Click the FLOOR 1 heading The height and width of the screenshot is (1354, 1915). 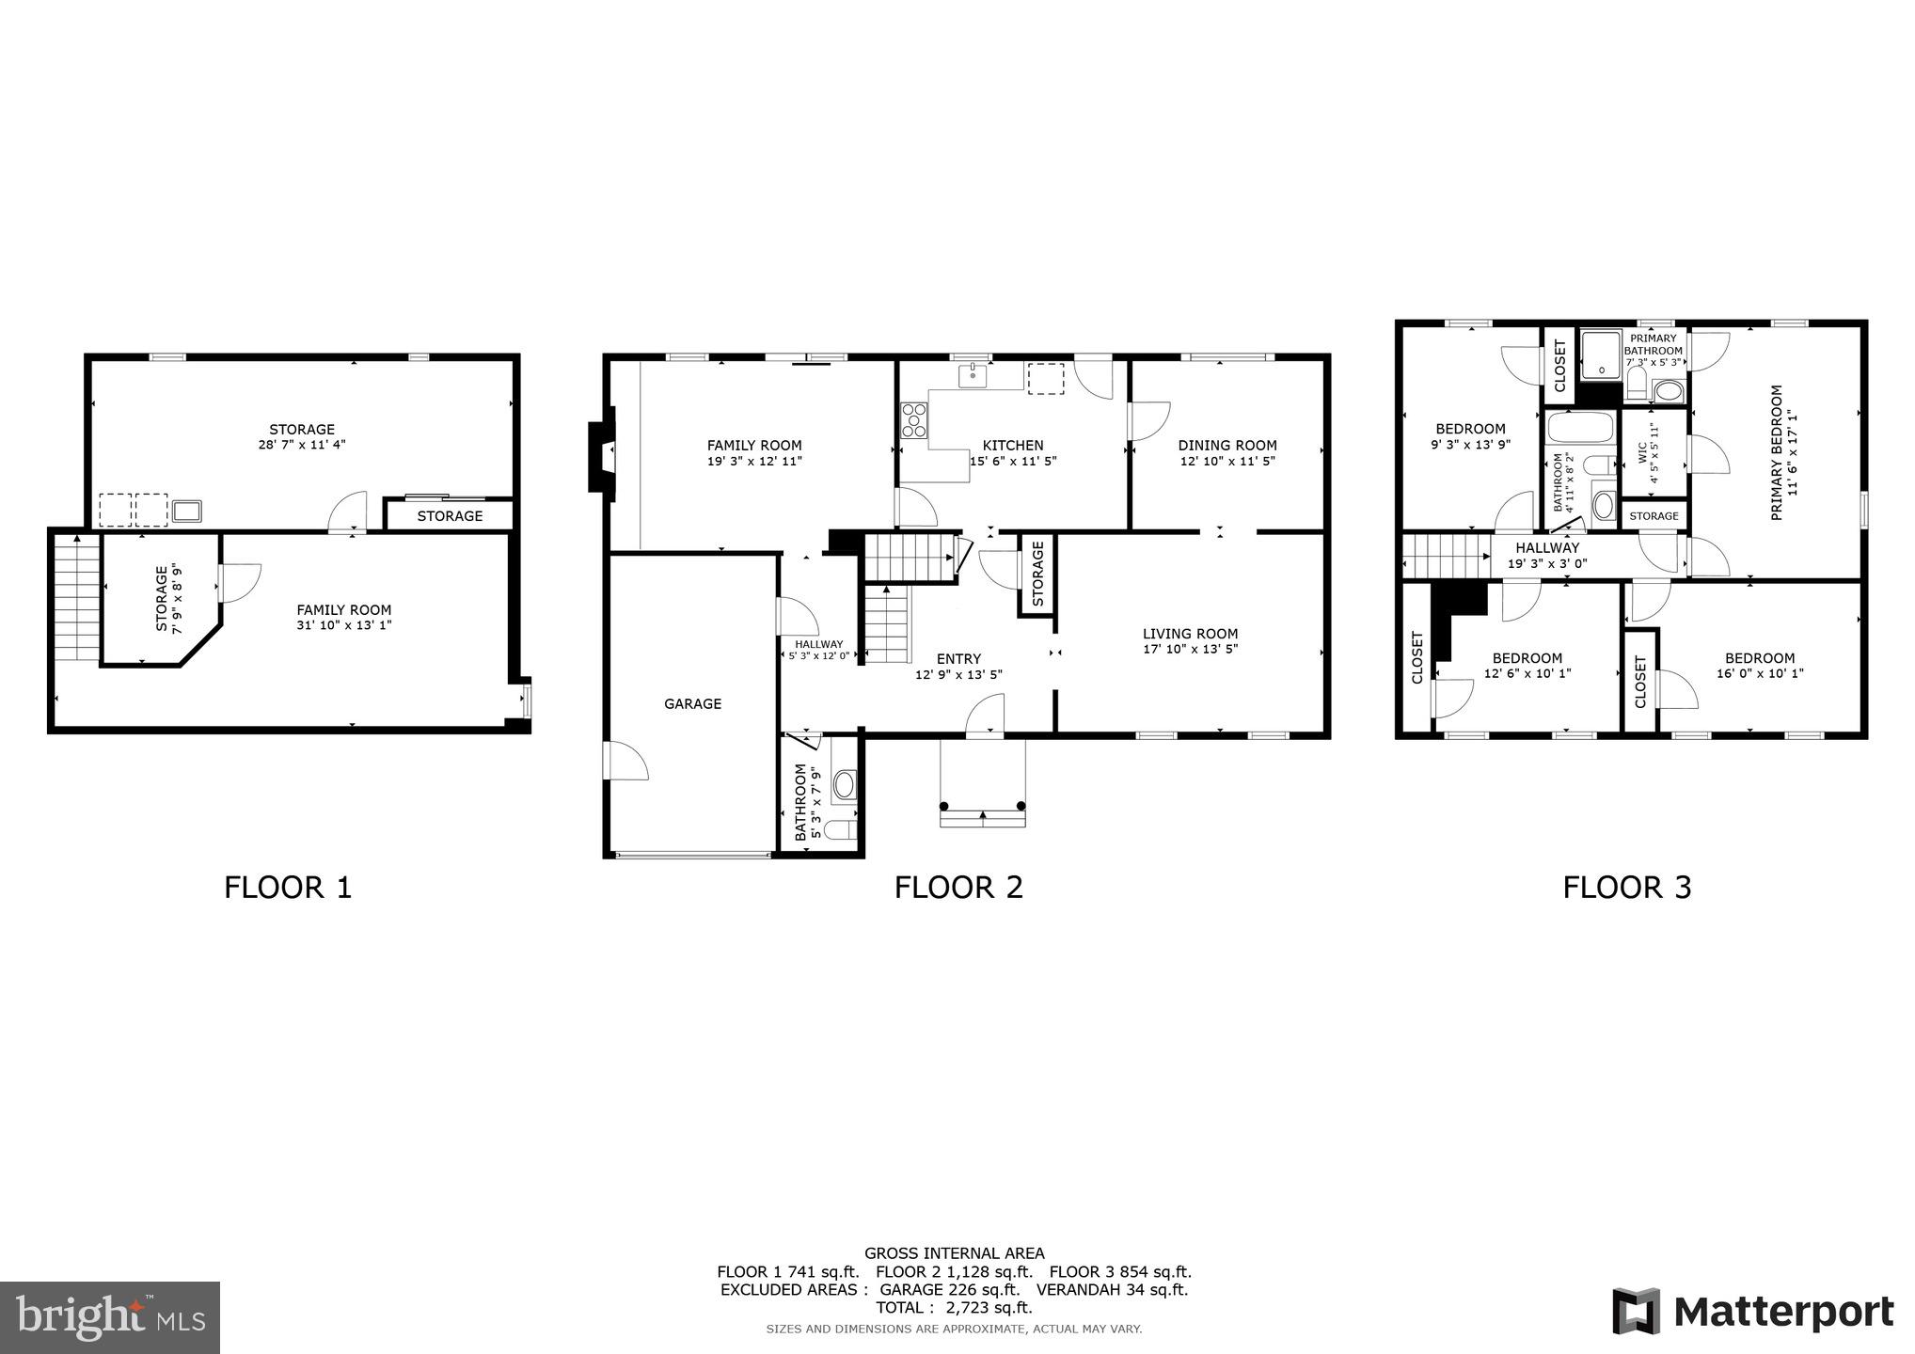point(288,887)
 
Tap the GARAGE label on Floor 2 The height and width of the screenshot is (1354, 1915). point(692,703)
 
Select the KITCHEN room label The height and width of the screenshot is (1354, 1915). point(1013,445)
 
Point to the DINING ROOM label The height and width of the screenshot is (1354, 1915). point(1227,445)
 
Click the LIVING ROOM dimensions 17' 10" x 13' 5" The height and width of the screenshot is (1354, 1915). point(1190,649)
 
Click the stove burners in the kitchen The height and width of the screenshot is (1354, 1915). point(913,420)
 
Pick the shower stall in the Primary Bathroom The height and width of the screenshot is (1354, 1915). point(1600,354)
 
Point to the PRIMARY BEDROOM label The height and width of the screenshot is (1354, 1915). point(1776,452)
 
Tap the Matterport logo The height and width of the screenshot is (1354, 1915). point(1753,1311)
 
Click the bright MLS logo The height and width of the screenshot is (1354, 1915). point(110,1317)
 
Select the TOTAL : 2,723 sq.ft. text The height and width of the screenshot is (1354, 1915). point(954,1307)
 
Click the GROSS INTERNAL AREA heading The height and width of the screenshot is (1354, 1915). point(954,1252)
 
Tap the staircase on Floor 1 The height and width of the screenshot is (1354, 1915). point(76,597)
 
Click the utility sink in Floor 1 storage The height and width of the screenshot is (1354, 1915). point(186,511)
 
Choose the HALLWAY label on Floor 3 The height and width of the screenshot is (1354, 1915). point(1547,547)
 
